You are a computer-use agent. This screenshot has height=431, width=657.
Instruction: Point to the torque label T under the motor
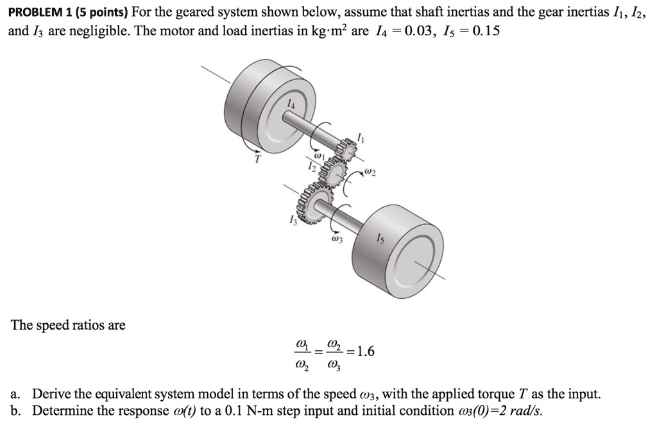(257, 160)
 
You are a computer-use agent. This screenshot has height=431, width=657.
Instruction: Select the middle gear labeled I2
(332, 171)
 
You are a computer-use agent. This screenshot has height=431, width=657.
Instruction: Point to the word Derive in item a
(49, 394)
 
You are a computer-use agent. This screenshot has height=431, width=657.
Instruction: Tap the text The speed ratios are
(68, 325)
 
